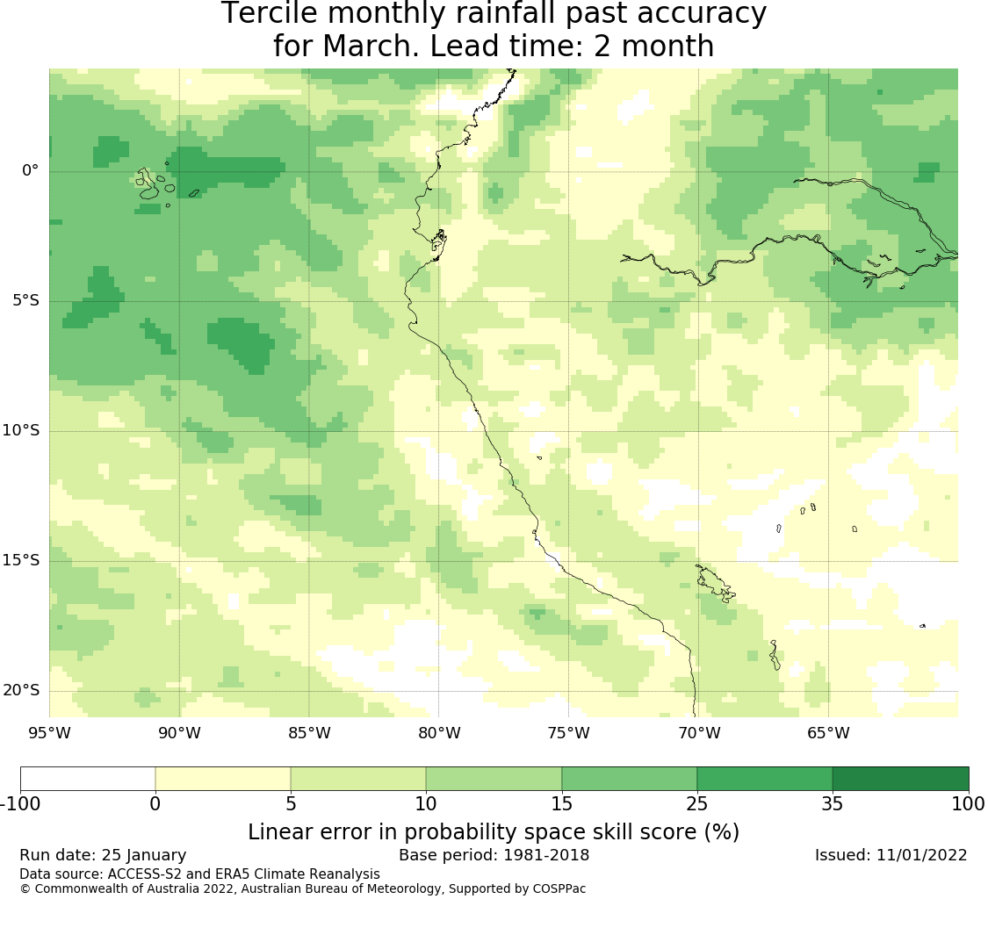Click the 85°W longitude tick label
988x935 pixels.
point(309,733)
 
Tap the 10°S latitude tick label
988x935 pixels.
point(20,430)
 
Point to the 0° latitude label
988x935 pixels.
point(30,170)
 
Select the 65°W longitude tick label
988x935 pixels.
point(828,733)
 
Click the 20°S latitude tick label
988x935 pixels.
point(20,690)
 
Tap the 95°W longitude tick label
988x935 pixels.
point(49,733)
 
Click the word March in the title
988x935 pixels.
point(370,47)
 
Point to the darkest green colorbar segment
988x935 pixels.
point(900,779)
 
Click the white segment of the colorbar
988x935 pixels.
point(88,779)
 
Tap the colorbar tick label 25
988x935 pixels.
point(697,803)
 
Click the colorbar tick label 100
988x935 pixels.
point(968,803)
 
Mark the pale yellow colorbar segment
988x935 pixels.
point(223,779)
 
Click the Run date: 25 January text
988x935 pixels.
point(103,855)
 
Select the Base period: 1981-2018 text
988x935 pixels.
point(494,855)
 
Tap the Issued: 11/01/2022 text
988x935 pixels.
point(891,855)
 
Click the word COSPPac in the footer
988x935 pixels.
point(558,888)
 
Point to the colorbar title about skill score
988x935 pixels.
point(494,831)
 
